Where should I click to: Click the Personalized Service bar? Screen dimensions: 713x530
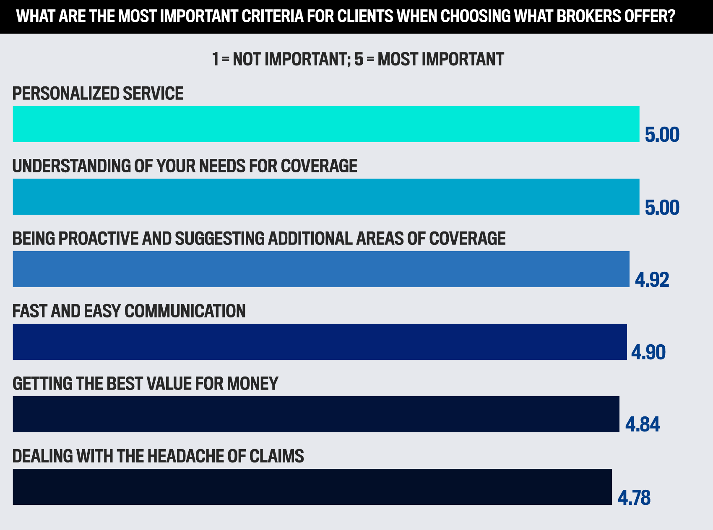(326, 124)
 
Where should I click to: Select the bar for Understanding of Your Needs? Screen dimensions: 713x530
(326, 197)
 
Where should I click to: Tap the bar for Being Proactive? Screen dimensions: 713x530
(321, 269)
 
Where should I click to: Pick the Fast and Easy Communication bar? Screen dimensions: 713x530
(320, 342)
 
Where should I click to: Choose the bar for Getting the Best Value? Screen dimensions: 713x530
(316, 414)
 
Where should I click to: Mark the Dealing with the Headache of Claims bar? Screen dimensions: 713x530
(312, 487)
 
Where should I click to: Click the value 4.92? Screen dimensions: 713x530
(652, 280)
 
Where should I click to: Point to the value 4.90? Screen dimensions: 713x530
(648, 352)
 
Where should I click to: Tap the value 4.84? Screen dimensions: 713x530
(643, 425)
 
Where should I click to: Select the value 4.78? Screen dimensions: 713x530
(634, 498)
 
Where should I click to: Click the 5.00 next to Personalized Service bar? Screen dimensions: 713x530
(662, 135)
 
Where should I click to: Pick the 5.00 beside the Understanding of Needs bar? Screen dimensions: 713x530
(662, 208)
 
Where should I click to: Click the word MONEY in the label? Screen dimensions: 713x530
(252, 384)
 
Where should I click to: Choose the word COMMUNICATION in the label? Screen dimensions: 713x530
(185, 311)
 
